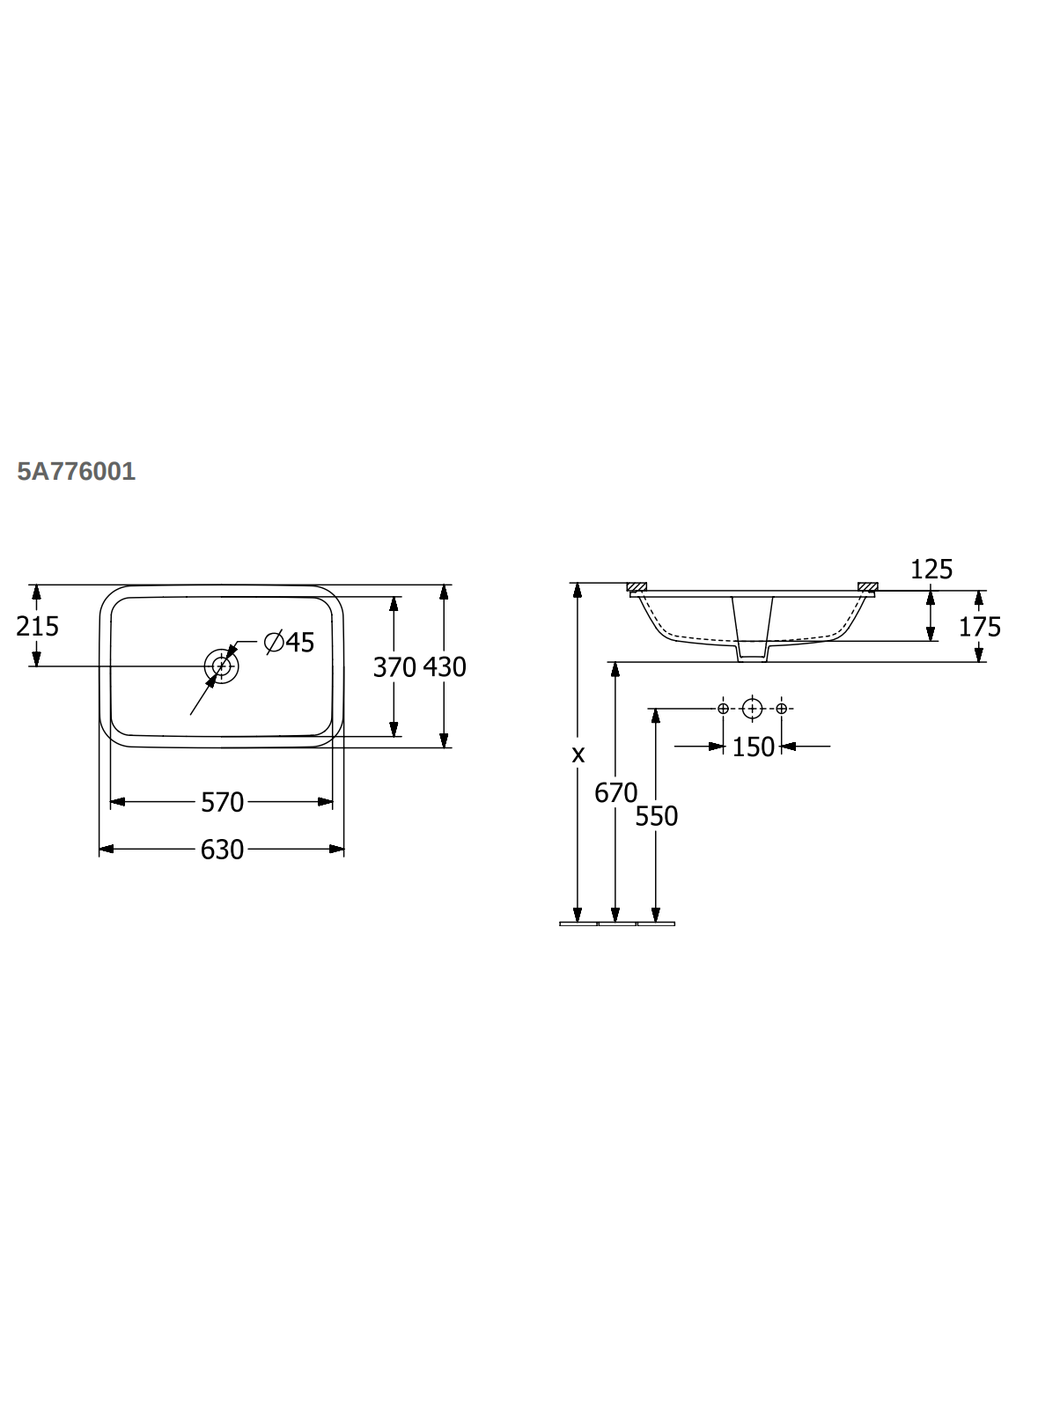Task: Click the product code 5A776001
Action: (x=76, y=471)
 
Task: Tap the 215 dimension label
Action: (x=37, y=626)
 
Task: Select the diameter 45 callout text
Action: (x=290, y=642)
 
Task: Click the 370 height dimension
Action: (x=394, y=667)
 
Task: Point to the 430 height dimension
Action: (x=444, y=667)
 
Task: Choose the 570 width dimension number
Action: (x=222, y=803)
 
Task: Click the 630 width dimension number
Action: (x=222, y=850)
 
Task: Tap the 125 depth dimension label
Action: (x=931, y=569)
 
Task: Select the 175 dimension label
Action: (x=980, y=627)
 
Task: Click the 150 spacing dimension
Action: (x=753, y=747)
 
